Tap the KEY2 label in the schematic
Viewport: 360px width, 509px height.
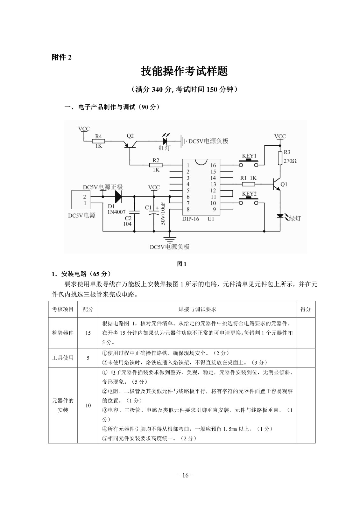(x=249, y=194)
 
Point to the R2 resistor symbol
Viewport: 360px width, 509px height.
(x=156, y=165)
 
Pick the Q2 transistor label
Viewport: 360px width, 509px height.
(x=130, y=136)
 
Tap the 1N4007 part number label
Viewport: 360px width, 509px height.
(x=116, y=212)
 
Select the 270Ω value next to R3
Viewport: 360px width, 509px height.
(x=290, y=161)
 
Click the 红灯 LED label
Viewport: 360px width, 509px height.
(x=165, y=148)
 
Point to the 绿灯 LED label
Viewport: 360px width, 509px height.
(x=294, y=218)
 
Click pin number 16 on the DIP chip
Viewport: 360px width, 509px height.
(x=213, y=165)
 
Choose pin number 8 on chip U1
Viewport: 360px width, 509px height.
(x=188, y=209)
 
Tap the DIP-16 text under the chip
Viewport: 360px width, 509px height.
(x=191, y=219)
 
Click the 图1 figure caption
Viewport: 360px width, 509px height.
(x=181, y=264)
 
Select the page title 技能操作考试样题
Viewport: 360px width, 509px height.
(x=184, y=71)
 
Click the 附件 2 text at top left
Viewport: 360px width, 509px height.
(x=62, y=57)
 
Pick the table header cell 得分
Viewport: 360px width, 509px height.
(x=305, y=309)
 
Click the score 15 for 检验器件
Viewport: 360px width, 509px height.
(x=88, y=333)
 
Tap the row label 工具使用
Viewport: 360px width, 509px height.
(x=63, y=358)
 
